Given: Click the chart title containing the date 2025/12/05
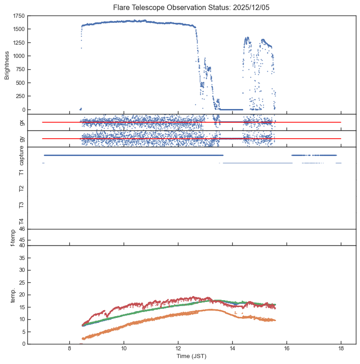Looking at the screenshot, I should click(192, 8).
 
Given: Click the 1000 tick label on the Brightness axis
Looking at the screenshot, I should click(19, 56).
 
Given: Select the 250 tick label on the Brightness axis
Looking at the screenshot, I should click(20, 96).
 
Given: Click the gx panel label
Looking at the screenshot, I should click(21, 122).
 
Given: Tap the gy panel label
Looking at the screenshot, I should click(21, 139).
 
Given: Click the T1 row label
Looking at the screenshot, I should click(21, 172).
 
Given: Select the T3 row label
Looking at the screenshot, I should click(21, 205).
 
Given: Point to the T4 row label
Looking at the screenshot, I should click(21, 221).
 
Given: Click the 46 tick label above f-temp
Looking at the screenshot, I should click(21, 229).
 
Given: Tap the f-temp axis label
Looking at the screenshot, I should click(12, 238).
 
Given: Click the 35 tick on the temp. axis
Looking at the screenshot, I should click(21, 258).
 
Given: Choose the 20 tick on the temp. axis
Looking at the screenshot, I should click(21, 295).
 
